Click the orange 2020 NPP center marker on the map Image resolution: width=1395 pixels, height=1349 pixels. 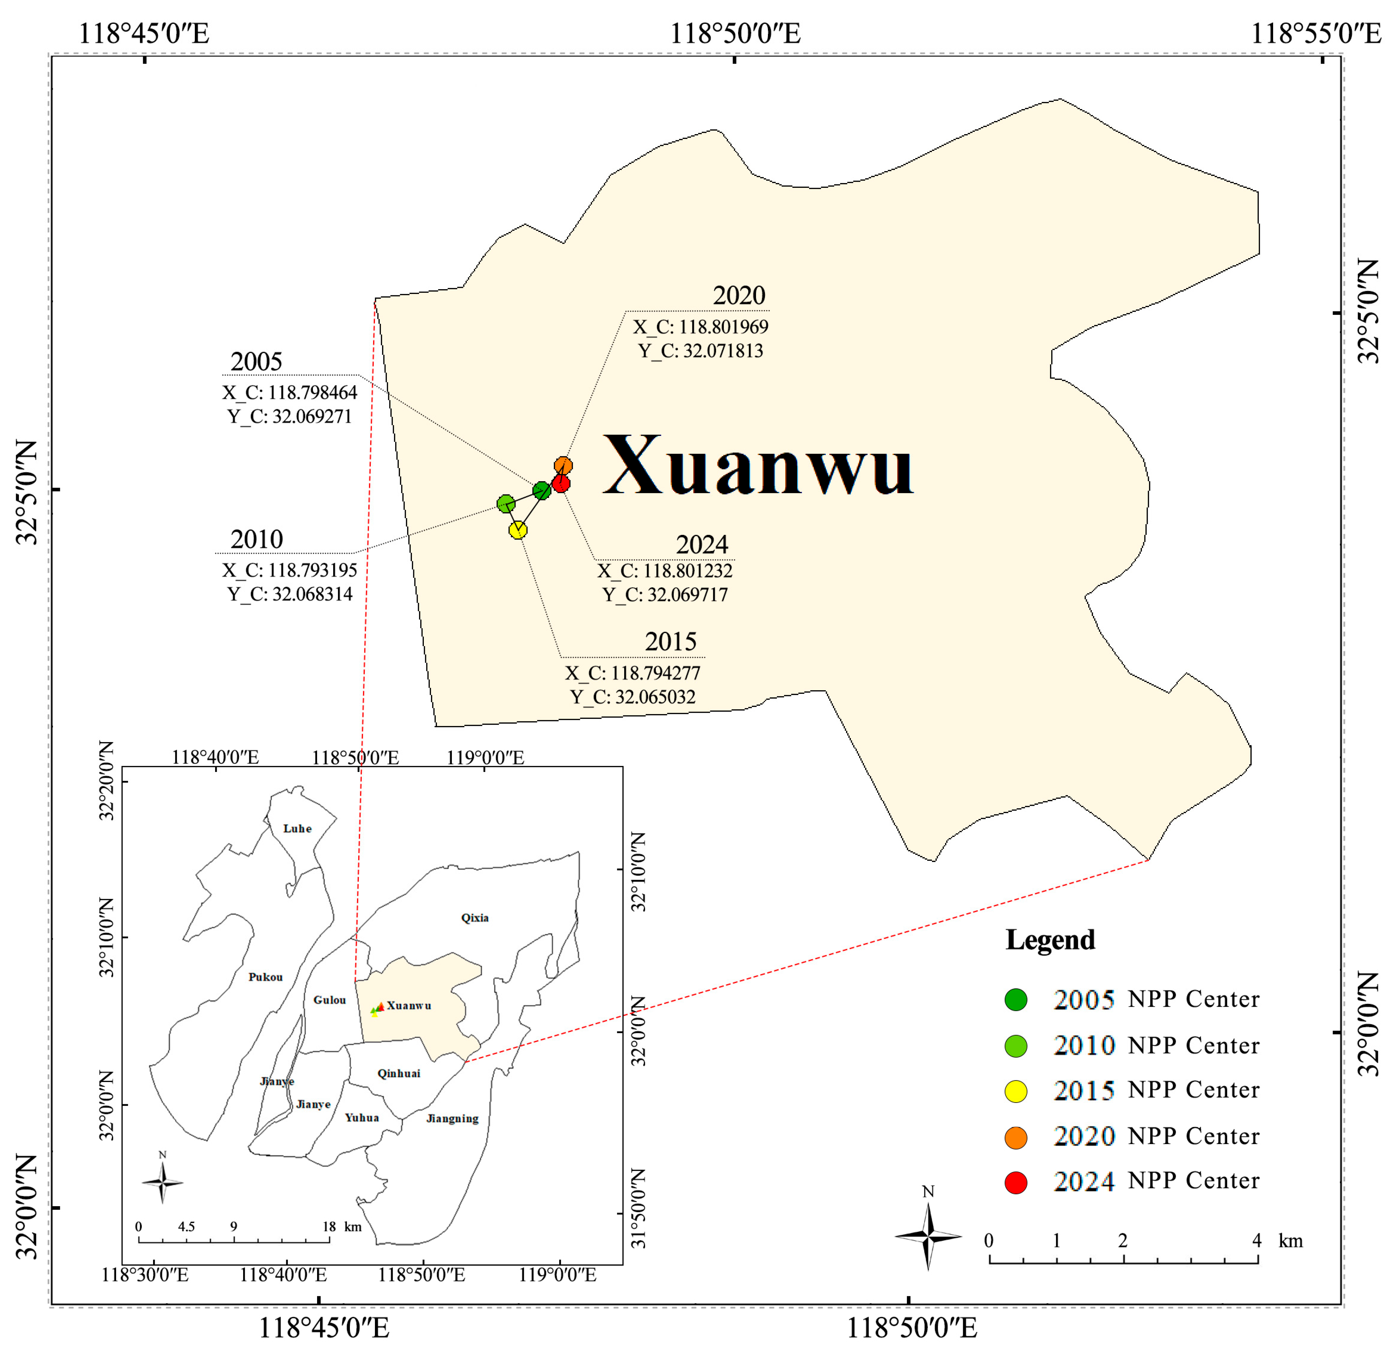pos(563,465)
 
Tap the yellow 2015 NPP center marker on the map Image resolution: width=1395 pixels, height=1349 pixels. pos(518,530)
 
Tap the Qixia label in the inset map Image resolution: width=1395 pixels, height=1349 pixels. pos(475,918)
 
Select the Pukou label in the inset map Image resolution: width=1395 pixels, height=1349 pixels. pos(266,977)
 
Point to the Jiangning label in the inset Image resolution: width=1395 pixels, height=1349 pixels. pos(453,1118)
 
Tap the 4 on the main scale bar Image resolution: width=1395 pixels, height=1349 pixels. pos(1257,1241)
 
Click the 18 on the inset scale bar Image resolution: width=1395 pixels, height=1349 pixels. pos(329,1226)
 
